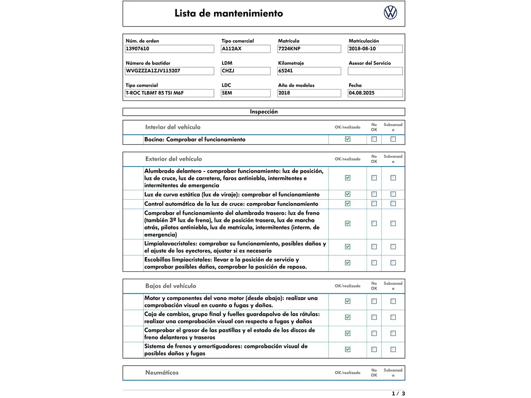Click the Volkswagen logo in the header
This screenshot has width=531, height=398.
point(390,13)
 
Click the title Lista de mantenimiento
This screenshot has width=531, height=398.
point(229,13)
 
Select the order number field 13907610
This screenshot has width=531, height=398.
point(169,49)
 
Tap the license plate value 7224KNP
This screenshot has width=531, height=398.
point(309,49)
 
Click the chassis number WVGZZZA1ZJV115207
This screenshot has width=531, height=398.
point(169,71)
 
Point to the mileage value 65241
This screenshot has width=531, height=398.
point(309,71)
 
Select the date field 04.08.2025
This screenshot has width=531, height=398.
point(375,93)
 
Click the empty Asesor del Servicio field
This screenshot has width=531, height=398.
point(375,71)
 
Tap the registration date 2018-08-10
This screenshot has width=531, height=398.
point(375,49)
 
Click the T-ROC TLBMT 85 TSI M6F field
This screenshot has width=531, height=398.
point(169,93)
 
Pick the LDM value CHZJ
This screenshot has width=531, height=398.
point(246,71)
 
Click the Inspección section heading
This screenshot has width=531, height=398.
point(264,112)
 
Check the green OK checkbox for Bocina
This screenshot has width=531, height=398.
point(348,139)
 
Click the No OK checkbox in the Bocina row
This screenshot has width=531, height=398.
point(374,139)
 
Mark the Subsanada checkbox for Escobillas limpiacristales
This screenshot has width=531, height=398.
point(393,263)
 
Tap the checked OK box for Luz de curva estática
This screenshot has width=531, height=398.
point(348,194)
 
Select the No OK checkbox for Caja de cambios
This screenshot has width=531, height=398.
point(374,317)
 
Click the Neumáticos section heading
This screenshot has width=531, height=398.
point(162,373)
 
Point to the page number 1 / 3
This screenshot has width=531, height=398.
point(398,394)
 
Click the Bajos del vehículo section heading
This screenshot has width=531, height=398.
point(171,286)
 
